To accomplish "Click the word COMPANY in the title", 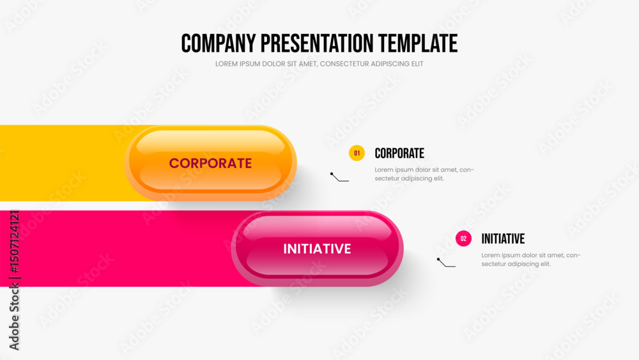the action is click(x=219, y=43).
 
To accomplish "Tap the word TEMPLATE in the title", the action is click(x=418, y=43).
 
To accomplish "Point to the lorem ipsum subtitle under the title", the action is click(x=319, y=64).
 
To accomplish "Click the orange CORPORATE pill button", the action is click(x=211, y=163).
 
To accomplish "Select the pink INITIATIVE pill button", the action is click(x=317, y=249).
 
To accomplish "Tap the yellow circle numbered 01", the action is click(x=357, y=153).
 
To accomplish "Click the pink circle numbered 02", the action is click(x=463, y=239).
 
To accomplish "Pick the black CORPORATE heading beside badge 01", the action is click(x=399, y=153).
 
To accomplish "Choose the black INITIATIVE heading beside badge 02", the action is click(x=503, y=239).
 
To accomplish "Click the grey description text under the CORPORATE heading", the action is click(x=424, y=174).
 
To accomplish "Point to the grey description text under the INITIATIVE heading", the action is click(x=531, y=260).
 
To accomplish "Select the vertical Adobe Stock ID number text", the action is click(x=14, y=241).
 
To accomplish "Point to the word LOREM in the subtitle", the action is click(x=226, y=64).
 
